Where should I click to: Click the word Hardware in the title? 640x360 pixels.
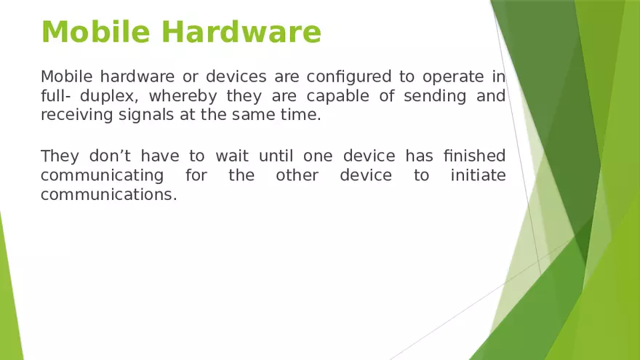point(241,31)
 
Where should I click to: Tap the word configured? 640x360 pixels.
point(342,77)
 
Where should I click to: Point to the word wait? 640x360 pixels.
point(232,156)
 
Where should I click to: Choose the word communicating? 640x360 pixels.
point(102,176)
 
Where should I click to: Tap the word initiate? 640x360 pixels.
point(478,176)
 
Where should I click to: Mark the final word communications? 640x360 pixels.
point(108,195)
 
